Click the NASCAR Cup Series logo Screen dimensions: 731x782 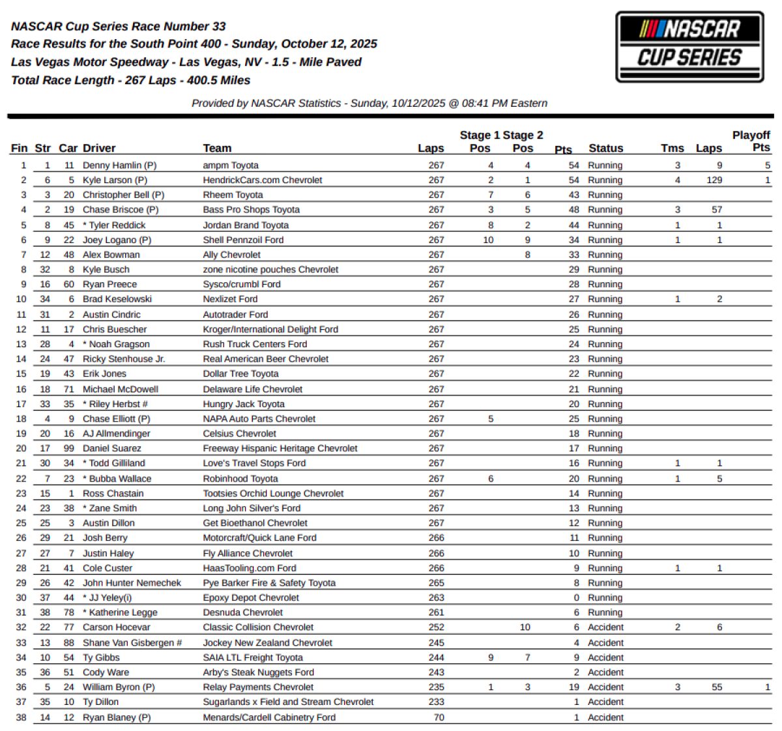click(689, 46)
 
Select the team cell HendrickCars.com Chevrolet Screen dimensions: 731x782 click(263, 180)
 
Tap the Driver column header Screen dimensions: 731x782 click(99, 149)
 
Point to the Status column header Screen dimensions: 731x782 click(605, 149)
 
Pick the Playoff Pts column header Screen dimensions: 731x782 click(751, 141)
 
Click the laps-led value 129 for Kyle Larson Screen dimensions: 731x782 click(714, 180)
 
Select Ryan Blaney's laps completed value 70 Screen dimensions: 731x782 click(439, 717)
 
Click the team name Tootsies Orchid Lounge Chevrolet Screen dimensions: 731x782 click(273, 493)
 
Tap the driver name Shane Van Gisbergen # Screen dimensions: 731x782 click(132, 642)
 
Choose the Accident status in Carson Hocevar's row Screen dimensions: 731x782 click(605, 627)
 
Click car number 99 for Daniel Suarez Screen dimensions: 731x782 click(68, 448)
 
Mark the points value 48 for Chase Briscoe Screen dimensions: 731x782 click(573, 210)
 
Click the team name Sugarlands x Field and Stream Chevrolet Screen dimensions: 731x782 click(288, 702)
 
